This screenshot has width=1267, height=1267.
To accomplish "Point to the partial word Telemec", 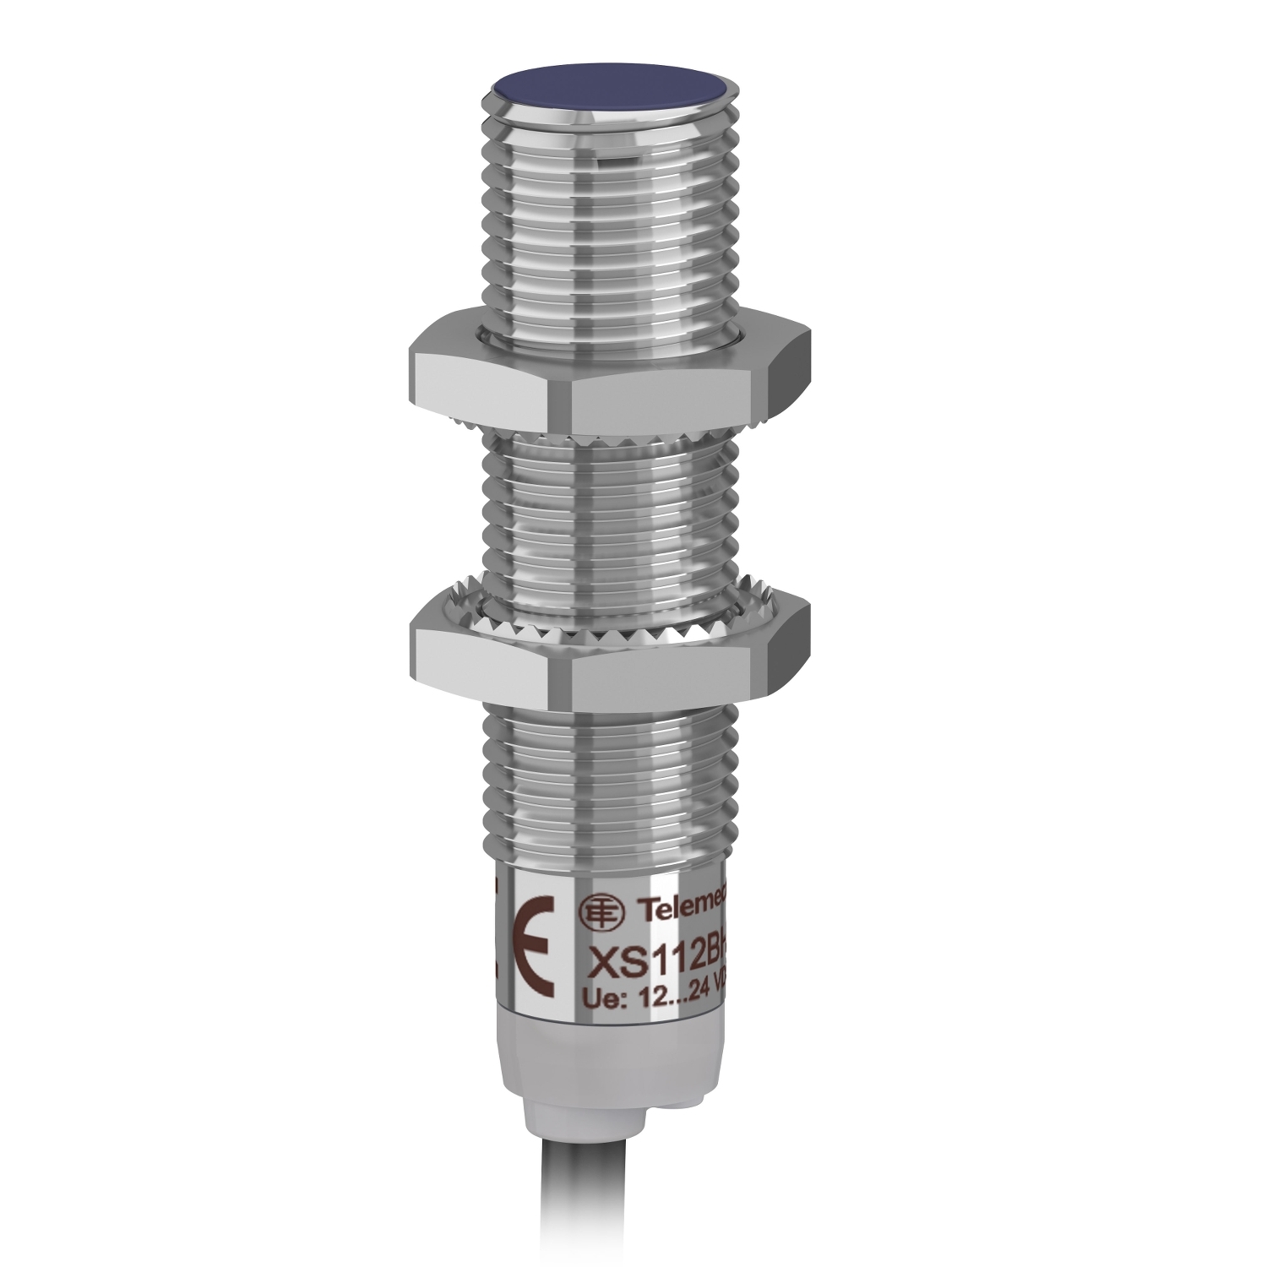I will (x=680, y=911).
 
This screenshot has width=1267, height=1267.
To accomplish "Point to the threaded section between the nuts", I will (x=608, y=515).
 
